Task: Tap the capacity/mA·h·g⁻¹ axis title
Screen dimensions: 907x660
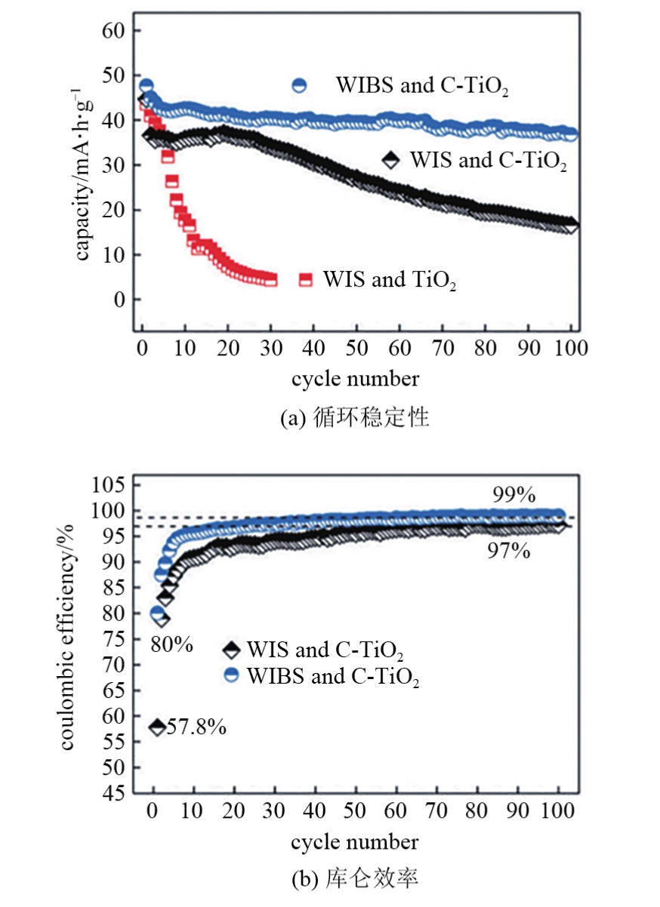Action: coord(82,175)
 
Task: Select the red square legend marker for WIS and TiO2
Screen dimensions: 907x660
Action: coord(306,279)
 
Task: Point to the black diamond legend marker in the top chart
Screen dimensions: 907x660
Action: coord(390,160)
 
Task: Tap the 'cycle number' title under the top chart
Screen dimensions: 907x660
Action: coord(355,378)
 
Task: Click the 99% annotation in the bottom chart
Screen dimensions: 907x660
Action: coord(514,495)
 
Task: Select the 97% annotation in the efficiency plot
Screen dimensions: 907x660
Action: coord(509,552)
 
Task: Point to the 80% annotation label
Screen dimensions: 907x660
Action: coord(172,645)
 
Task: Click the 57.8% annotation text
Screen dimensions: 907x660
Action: coord(196,727)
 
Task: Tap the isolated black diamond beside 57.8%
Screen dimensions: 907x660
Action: coord(157,727)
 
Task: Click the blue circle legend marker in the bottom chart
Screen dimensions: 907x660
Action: coord(233,675)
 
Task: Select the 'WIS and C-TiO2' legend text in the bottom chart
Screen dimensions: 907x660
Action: coord(330,650)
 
